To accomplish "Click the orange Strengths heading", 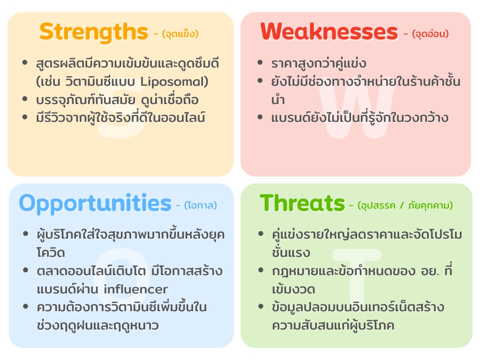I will [94, 32].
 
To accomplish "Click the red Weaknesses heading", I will [329, 32].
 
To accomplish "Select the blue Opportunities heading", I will [95, 203].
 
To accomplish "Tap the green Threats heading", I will [302, 203].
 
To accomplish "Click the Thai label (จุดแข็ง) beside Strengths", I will [180, 34].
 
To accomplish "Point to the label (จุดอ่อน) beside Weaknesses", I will [430, 34].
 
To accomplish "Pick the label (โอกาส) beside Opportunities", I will [200, 205].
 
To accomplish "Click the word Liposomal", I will [180, 82].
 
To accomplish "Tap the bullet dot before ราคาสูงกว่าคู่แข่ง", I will [261, 63].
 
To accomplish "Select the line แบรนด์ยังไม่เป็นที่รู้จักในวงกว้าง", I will [360, 118].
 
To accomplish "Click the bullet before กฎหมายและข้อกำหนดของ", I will [261, 271].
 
